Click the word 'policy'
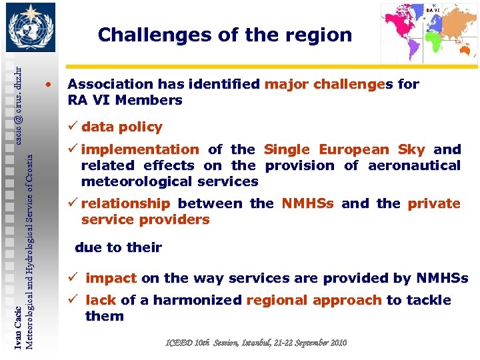click(140, 127)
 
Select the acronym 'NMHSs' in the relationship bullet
click(309, 203)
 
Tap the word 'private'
click(434, 203)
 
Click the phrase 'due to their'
click(118, 247)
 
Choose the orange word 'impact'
click(111, 278)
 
